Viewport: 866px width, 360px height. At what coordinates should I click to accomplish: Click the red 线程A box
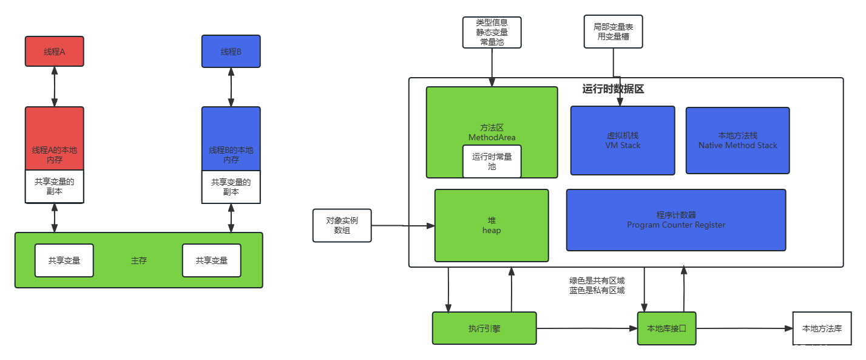click(x=54, y=52)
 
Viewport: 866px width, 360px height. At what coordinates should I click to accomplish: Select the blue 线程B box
click(x=231, y=52)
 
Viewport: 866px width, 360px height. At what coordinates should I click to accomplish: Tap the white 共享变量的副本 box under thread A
click(x=54, y=186)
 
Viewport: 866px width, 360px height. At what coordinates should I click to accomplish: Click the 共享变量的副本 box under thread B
click(x=231, y=186)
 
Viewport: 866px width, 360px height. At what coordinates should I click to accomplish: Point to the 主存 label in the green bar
click(x=139, y=260)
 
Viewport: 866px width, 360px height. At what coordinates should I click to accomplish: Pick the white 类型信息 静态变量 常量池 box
click(x=492, y=32)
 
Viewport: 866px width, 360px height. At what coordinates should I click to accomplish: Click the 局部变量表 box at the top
click(x=613, y=32)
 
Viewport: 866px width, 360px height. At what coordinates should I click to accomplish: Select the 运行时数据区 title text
click(x=613, y=89)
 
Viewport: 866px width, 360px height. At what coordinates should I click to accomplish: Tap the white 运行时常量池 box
click(x=492, y=161)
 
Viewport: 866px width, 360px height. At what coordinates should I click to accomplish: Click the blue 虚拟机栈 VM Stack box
click(x=623, y=141)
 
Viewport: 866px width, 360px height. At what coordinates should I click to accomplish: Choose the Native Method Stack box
click(x=737, y=141)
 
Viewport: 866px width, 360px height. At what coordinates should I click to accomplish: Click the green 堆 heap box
click(x=492, y=225)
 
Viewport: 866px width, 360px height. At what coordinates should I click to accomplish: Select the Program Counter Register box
click(x=676, y=220)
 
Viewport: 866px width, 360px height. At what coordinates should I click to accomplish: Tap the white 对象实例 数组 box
click(x=342, y=225)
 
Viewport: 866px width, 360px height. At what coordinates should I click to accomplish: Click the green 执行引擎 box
click(x=484, y=328)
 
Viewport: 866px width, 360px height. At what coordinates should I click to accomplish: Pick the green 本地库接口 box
click(x=666, y=328)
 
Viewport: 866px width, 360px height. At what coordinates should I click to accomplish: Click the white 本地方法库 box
click(x=822, y=328)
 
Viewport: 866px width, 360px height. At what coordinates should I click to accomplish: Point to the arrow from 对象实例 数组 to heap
click(x=403, y=226)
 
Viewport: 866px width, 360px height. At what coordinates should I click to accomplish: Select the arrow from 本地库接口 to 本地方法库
click(x=744, y=328)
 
